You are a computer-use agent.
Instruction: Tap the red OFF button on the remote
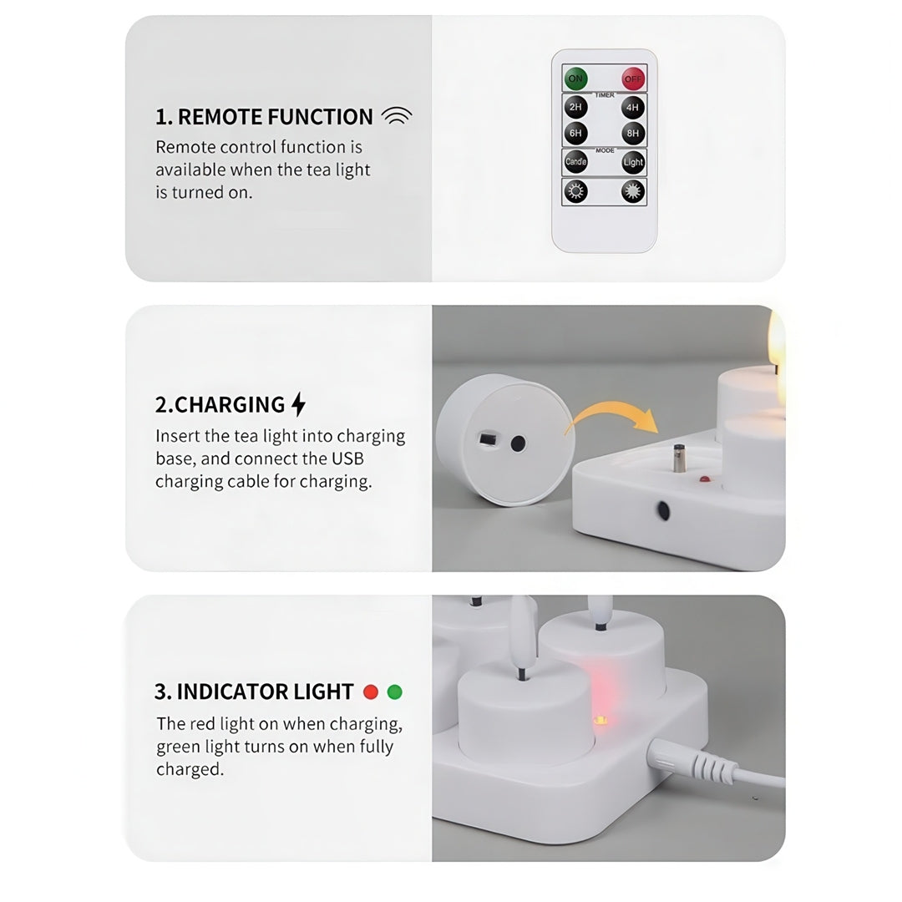(633, 79)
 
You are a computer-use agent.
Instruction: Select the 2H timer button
(575, 107)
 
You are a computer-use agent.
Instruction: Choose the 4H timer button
(633, 108)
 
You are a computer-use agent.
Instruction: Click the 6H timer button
(575, 134)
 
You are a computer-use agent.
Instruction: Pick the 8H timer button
(633, 134)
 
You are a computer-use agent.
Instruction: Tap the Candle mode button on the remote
(575, 162)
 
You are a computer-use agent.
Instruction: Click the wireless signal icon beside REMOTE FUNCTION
(397, 116)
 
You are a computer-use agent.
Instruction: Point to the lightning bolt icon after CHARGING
(298, 404)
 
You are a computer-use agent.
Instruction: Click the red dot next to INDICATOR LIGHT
(371, 692)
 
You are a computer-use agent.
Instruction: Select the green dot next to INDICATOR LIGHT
(394, 692)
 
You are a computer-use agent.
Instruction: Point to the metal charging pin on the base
(679, 458)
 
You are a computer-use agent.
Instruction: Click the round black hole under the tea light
(519, 443)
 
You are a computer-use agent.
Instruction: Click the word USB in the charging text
(347, 459)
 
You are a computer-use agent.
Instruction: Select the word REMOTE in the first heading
(217, 117)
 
